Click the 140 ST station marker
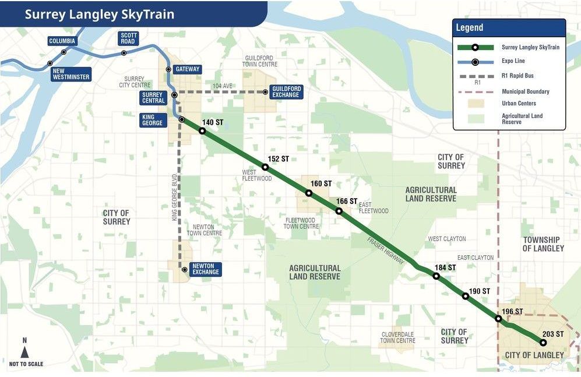point(202,131)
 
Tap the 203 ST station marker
point(543,343)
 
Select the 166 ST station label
point(347,201)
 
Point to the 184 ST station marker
point(436,276)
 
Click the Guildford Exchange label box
point(286,92)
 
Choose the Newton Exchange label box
point(206,269)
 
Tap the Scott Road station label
point(128,38)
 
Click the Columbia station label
point(62,41)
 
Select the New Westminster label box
point(71,74)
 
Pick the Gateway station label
point(187,69)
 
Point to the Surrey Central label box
point(153,97)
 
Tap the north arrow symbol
point(24,351)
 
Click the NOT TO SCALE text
point(26,364)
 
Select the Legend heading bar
point(509,28)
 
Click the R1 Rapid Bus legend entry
point(517,76)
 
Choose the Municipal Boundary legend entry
point(525,91)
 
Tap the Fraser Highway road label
point(385,251)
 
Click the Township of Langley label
point(543,244)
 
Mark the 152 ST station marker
point(265,167)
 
